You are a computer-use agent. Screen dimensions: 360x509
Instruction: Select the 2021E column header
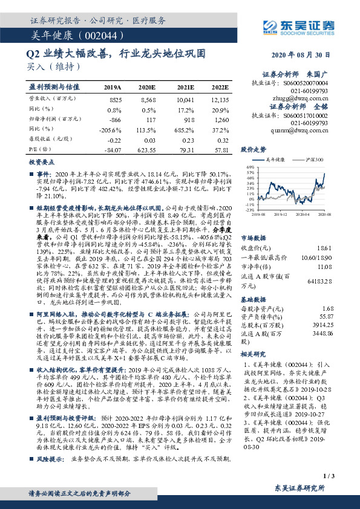[186, 87]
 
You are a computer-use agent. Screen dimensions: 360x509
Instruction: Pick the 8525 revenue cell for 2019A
[115, 99]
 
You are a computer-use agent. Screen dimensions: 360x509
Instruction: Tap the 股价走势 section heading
[254, 149]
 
